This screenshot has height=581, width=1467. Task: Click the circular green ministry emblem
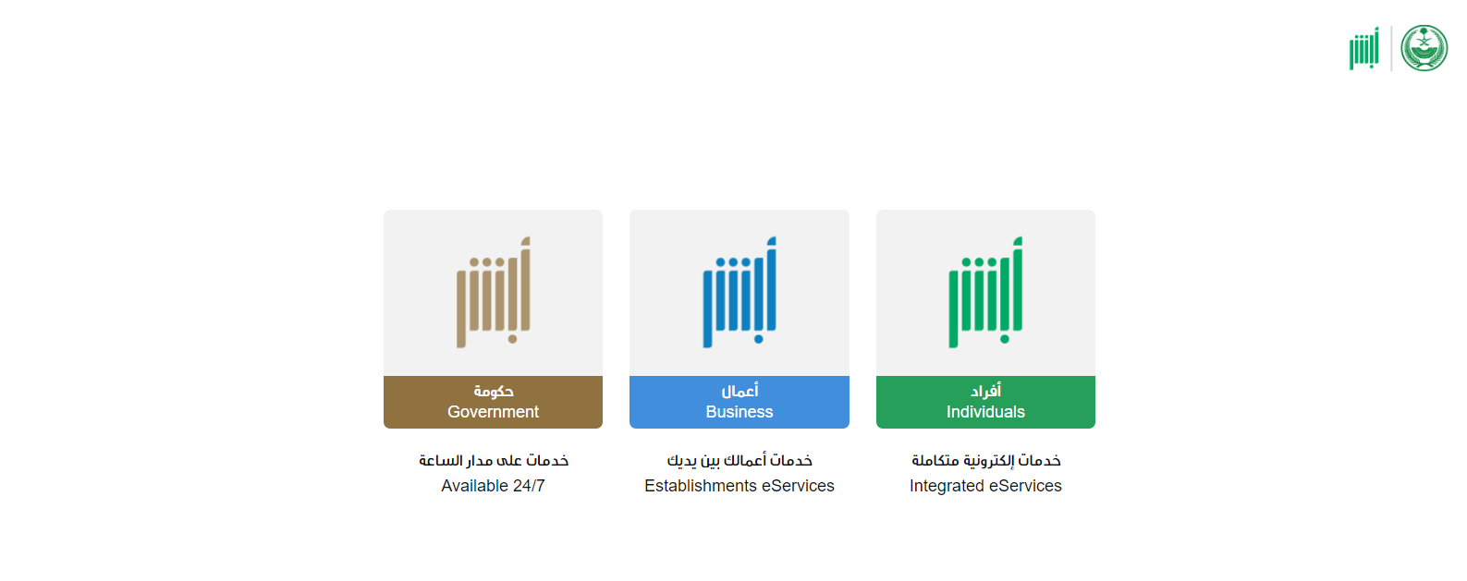1424,48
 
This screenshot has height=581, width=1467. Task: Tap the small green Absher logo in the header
1364,48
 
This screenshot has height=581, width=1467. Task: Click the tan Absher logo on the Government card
493,292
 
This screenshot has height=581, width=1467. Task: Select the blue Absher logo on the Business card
740,292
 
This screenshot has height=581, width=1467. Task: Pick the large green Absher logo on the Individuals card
985,292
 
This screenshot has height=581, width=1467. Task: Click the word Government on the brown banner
493,412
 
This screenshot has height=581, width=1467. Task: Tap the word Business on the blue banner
740,412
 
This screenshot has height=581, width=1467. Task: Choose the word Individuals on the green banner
985,412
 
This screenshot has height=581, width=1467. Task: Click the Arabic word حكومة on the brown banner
493,392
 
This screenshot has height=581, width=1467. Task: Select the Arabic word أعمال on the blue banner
740,392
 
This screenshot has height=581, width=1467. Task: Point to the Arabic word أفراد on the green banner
985,392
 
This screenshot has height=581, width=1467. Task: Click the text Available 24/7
493,486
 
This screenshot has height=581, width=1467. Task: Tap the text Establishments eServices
740,486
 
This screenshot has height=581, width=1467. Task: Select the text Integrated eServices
985,486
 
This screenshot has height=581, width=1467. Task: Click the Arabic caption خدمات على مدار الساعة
493,461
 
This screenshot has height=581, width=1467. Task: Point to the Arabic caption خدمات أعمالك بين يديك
740,461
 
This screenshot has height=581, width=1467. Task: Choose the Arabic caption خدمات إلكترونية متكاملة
985,461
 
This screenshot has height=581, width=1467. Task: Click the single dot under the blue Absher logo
758,339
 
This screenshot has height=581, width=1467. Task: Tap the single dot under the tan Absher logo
512,339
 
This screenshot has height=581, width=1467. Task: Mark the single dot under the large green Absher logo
1005,339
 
